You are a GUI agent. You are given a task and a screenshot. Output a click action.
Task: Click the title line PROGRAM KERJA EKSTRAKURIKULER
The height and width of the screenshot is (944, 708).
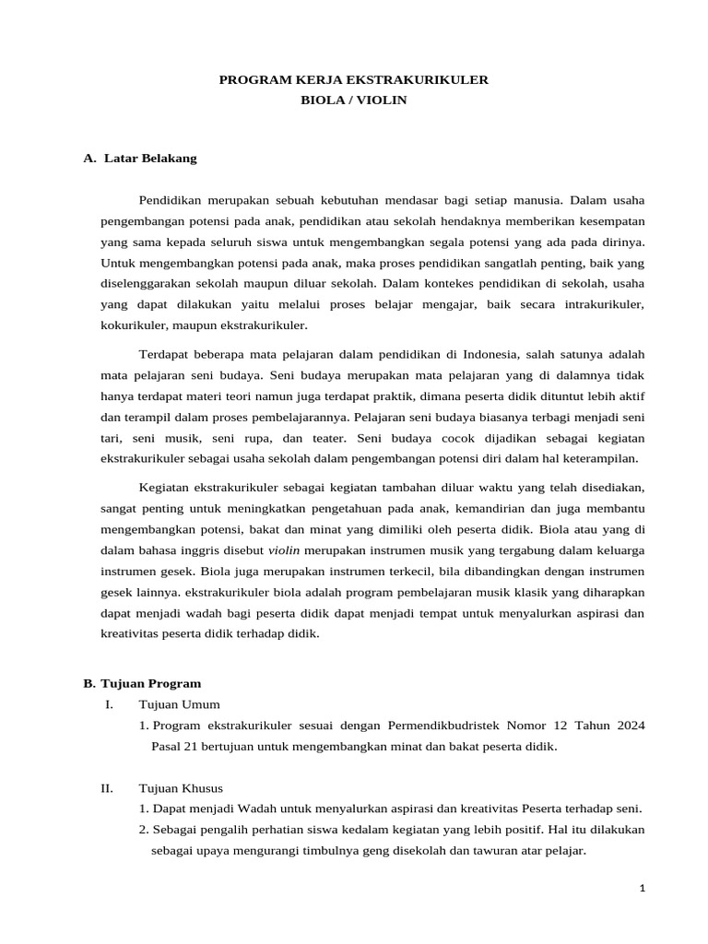tap(353, 80)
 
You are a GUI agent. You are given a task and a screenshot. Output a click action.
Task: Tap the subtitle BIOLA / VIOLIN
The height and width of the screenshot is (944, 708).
tap(353, 100)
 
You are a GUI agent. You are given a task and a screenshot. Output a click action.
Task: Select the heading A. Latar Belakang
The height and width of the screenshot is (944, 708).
tap(140, 158)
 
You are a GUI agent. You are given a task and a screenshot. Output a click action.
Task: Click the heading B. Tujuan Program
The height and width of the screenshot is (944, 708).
tap(142, 683)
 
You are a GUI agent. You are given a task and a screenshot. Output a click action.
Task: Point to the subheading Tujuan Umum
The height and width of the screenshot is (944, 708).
tap(179, 704)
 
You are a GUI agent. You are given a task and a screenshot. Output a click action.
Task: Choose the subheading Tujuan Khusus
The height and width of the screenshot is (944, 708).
tap(181, 788)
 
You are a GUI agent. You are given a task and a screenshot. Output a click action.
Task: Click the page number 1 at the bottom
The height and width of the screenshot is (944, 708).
tap(642, 888)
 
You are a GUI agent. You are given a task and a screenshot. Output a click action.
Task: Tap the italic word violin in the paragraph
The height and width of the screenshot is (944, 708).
tap(283, 550)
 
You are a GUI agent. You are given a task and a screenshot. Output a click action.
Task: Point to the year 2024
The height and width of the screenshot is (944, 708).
tap(628, 726)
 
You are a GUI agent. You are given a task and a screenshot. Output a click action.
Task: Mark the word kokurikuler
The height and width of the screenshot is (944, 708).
tap(133, 325)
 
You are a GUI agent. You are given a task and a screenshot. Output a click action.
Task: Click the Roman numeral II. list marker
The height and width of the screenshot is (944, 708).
tap(107, 788)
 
